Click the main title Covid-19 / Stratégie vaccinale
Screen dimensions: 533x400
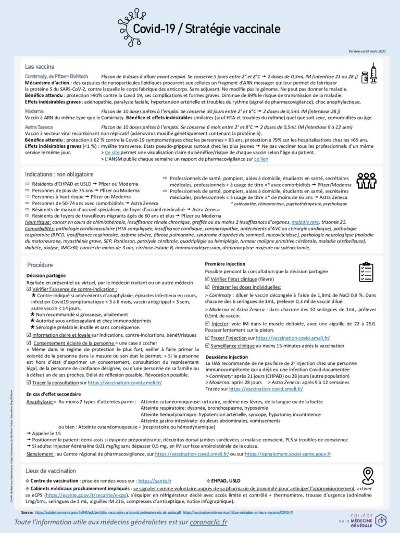coord(206,29)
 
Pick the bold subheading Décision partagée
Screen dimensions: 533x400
coord(46,275)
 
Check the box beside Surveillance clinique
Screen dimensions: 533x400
coord(208,346)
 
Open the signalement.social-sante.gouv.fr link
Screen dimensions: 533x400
coord(287,454)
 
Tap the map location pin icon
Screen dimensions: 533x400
coord(368,475)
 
